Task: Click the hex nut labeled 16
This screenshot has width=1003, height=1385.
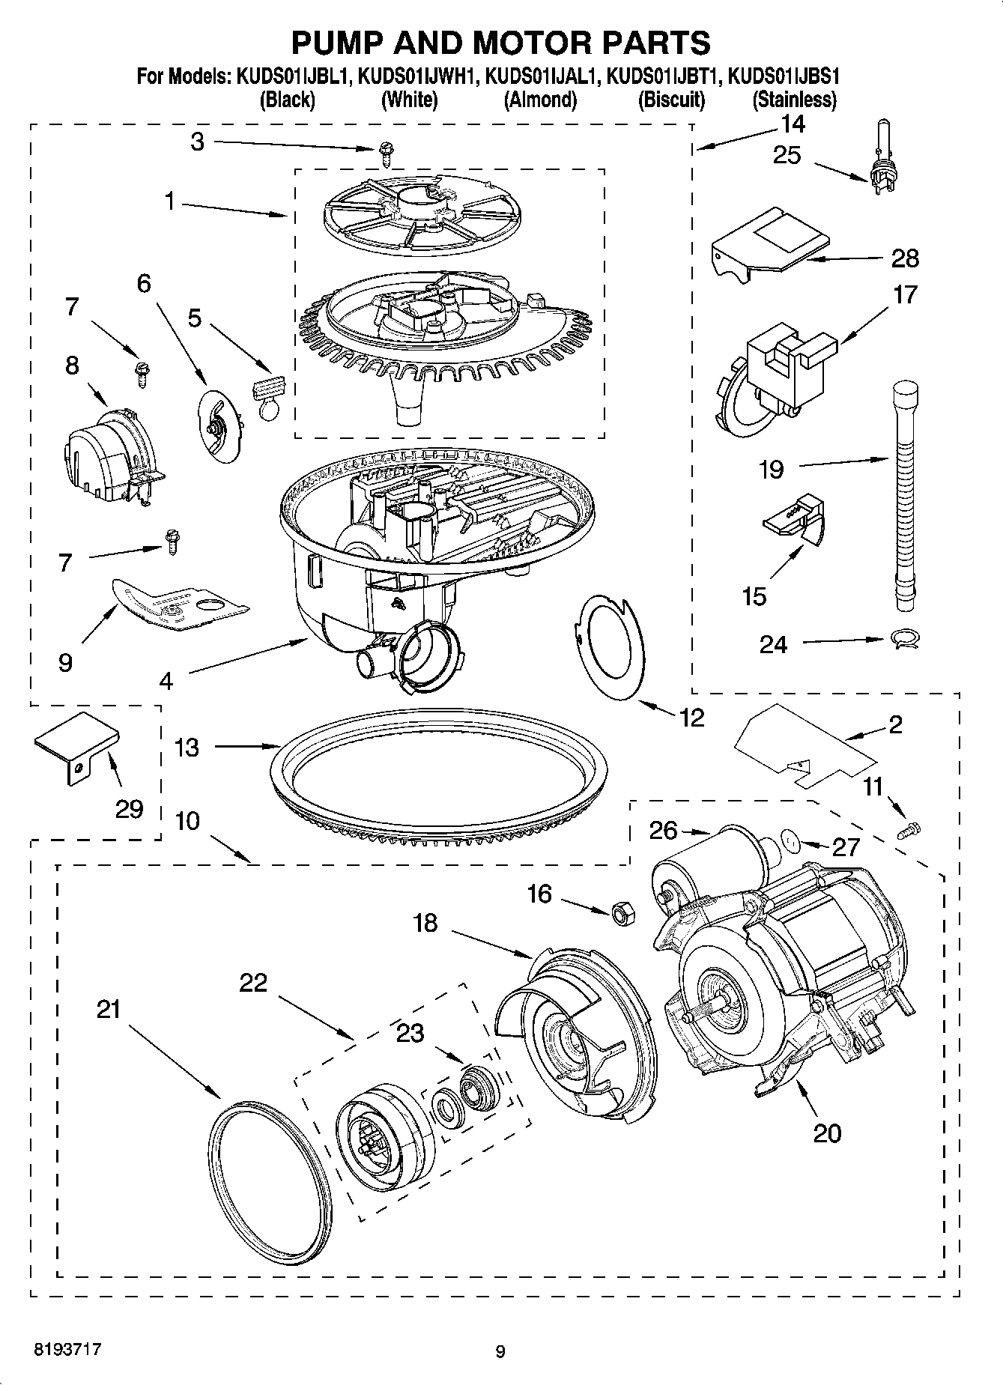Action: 621,912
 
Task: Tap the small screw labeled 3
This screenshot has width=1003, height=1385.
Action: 386,156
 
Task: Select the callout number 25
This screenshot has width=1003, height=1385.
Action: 787,155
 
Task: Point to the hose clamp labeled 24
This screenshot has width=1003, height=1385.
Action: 904,638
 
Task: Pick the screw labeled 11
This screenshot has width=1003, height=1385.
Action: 910,829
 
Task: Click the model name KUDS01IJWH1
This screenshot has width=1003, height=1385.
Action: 417,76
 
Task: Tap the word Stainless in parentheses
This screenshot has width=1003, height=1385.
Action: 794,99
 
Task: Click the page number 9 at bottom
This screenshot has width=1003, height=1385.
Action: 500,1351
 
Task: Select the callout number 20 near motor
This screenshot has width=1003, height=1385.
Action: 827,1133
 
